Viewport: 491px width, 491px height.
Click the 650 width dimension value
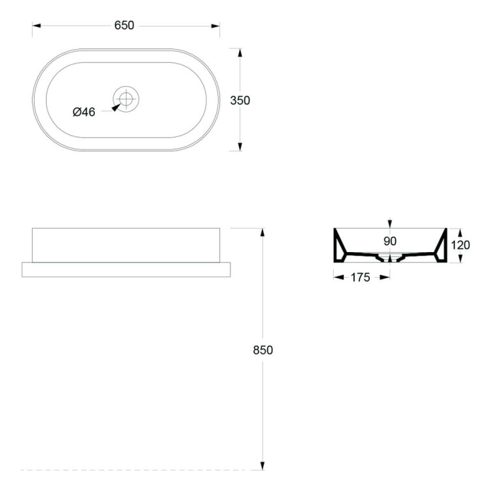pos(124,26)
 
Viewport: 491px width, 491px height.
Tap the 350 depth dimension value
pos(240,101)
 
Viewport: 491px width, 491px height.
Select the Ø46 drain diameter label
pos(84,112)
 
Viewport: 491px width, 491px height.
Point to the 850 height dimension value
pos(263,350)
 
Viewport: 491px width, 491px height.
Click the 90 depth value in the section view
pos(390,241)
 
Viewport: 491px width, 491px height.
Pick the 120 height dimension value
pos(460,245)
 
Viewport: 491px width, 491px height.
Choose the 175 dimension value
pos(360,278)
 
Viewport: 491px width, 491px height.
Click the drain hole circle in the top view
pos(126,99)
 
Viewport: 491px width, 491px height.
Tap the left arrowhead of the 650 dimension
pos(36,26)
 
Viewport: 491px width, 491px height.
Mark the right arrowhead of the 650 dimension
pos(215,26)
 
